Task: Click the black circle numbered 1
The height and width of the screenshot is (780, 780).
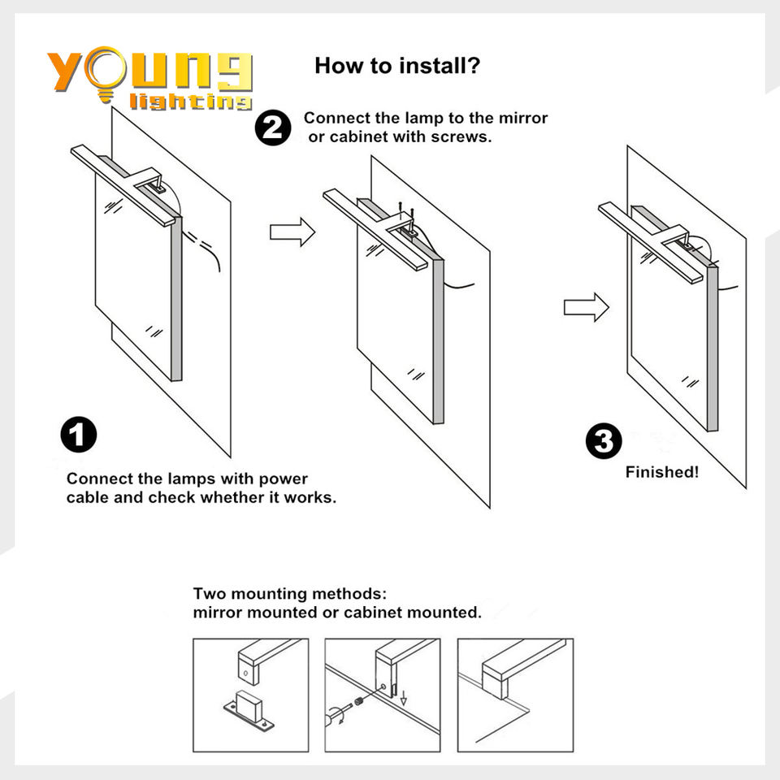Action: coord(79,434)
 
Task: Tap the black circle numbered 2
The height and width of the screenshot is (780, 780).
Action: coord(273,128)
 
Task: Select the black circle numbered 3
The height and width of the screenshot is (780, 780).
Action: coord(604,440)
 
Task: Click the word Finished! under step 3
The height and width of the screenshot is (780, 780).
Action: coord(662,472)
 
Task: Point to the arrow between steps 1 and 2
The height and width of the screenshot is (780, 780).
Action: coord(292,232)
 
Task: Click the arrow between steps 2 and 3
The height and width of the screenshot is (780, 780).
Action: coord(586,307)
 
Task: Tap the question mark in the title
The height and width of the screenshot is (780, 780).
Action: coord(473,66)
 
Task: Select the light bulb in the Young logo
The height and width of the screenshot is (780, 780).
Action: coord(105,73)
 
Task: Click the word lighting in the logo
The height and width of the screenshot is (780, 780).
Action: coord(190,102)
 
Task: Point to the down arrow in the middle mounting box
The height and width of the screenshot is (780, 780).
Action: coord(404,697)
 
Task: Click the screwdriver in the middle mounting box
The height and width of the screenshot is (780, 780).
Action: coord(336,713)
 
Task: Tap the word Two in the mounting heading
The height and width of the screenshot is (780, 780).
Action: coord(210,594)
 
